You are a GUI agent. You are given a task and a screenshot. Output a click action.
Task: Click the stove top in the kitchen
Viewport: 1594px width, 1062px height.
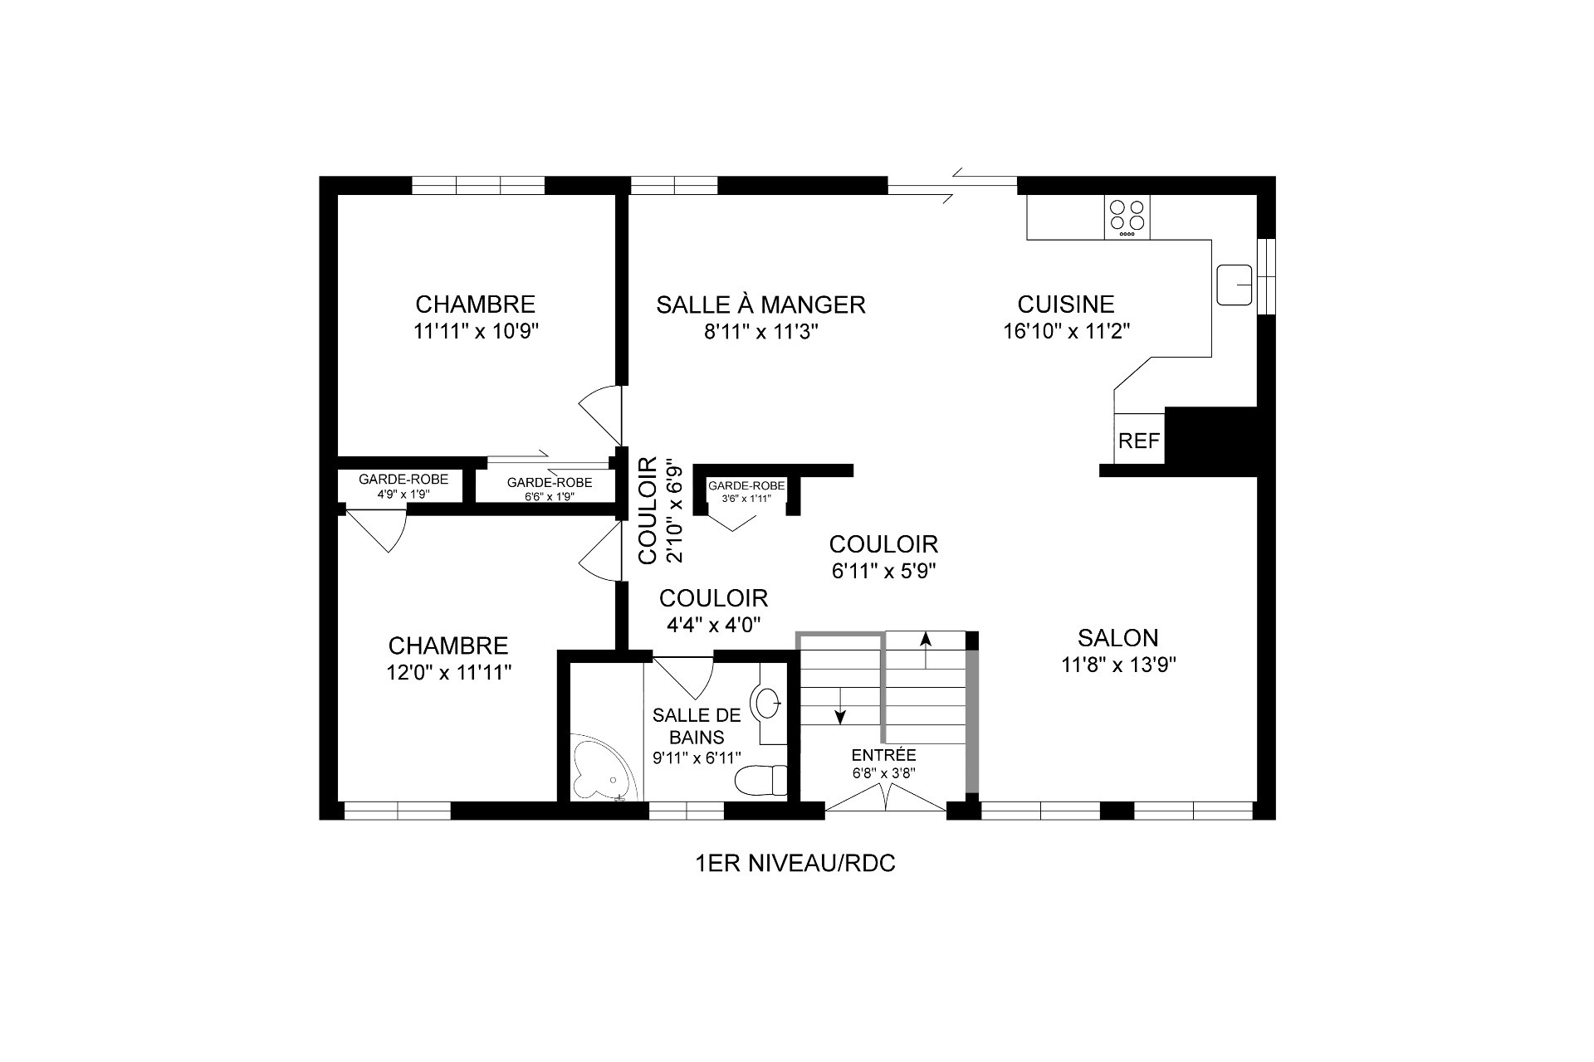[1127, 217]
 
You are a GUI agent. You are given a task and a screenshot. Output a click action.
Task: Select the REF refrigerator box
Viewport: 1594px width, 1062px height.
[1139, 441]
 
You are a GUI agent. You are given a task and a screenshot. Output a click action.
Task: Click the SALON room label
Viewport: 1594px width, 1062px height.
[1117, 637]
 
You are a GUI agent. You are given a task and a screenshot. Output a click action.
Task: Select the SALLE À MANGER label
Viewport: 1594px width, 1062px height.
[760, 304]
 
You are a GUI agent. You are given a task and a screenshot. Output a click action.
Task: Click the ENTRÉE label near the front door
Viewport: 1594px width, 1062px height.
[883, 756]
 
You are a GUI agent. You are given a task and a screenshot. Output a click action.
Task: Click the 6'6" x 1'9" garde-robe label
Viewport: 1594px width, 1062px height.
[550, 482]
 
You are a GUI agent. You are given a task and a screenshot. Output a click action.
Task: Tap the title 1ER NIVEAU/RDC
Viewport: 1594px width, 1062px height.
[795, 865]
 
